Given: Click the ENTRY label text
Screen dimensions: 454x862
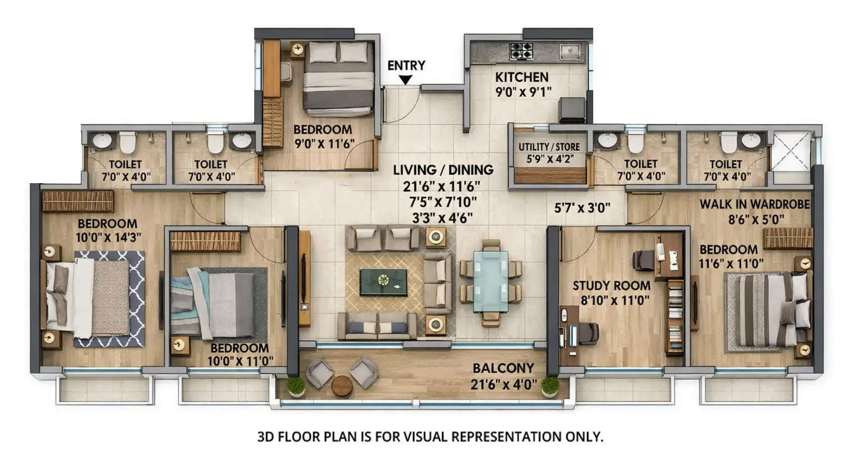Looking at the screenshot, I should click(406, 65).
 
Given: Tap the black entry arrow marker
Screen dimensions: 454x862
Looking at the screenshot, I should click(406, 80).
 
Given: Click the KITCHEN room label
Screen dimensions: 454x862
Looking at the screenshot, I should click(521, 78).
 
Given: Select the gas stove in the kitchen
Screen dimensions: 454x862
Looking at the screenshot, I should click(521, 51).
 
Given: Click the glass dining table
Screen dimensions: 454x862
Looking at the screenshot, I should click(490, 281).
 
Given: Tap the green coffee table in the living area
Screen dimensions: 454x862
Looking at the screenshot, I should click(383, 282).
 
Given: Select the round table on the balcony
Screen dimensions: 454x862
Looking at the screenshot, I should click(341, 386).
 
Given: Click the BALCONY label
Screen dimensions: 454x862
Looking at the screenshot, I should click(503, 369).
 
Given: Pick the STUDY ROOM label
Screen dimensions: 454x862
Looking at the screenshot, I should click(611, 285).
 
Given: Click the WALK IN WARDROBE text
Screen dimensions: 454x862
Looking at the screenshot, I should click(754, 204).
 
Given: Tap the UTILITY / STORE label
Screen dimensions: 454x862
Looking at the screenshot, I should click(549, 147).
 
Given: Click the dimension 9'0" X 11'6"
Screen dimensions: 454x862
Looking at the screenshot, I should click(323, 144).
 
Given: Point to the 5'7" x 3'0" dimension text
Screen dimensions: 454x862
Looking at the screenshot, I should click(582, 208).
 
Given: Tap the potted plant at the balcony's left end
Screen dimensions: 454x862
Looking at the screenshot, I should click(295, 386).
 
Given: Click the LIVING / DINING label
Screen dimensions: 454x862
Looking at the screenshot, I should click(443, 170).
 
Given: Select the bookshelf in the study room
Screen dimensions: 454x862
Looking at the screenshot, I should click(675, 317).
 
